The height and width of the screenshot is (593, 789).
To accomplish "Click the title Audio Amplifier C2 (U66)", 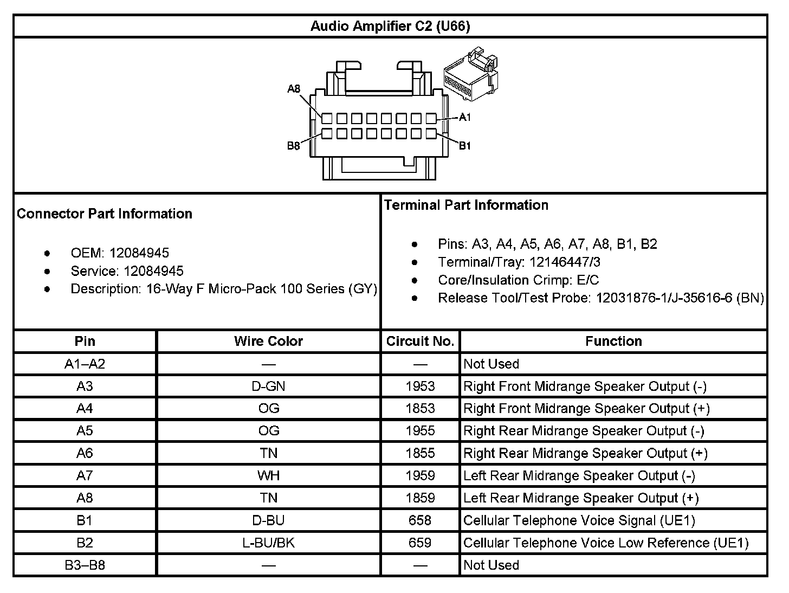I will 390,26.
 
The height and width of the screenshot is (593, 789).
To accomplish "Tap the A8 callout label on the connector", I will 294,88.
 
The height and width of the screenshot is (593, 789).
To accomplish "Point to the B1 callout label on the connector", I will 465,145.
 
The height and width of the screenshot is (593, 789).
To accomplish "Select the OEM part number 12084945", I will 139,253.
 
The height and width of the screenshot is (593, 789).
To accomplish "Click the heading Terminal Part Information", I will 466,205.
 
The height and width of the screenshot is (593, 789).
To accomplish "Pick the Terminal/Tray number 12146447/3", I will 565,262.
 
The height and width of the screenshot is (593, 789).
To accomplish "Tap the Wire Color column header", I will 268,341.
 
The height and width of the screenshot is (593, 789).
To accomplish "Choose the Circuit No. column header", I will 420,341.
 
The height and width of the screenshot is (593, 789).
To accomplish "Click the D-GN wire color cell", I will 268,386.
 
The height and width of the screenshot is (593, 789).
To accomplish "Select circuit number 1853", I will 420,408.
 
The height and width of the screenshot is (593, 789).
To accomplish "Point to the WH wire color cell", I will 268,475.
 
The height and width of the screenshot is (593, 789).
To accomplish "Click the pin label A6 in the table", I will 85,453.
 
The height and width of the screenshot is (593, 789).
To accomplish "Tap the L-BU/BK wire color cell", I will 268,543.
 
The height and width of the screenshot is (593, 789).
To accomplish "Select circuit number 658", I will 420,520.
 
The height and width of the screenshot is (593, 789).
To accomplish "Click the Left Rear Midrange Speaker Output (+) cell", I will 581,498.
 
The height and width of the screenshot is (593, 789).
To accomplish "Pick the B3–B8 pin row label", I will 85,565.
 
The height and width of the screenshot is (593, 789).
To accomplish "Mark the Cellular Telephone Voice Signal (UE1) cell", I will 579,520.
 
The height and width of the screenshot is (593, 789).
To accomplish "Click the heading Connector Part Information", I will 105,214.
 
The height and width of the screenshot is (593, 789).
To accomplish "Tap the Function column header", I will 613,341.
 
